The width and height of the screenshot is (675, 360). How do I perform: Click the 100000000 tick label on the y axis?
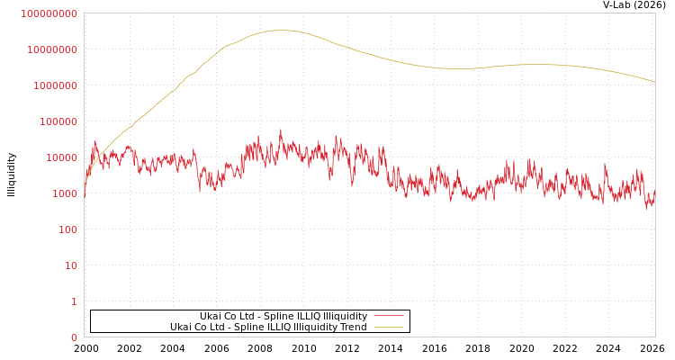pyautogui.click(x=49, y=13)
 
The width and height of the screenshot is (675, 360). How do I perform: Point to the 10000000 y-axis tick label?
pyautogui.click(x=52, y=49)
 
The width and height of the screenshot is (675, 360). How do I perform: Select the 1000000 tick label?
pyautogui.click(x=55, y=85)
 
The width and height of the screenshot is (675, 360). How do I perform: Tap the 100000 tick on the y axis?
pyautogui.click(x=58, y=121)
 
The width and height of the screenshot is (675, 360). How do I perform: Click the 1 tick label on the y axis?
pyautogui.click(x=74, y=301)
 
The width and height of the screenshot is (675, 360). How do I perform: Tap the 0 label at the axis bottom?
pyautogui.click(x=74, y=337)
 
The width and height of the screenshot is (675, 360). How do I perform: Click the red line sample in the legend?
pyautogui.click(x=388, y=316)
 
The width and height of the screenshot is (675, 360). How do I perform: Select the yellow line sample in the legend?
pyautogui.click(x=388, y=327)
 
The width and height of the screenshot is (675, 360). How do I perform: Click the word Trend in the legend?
pyautogui.click(x=353, y=327)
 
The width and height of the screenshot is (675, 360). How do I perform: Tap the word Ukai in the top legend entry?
pyautogui.click(x=211, y=316)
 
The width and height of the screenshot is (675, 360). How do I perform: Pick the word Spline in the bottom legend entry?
pyautogui.click(x=248, y=327)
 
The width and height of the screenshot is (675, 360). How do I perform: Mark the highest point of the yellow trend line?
pyautogui.click(x=281, y=31)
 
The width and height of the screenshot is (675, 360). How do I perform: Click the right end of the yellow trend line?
pyautogui.click(x=654, y=82)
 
